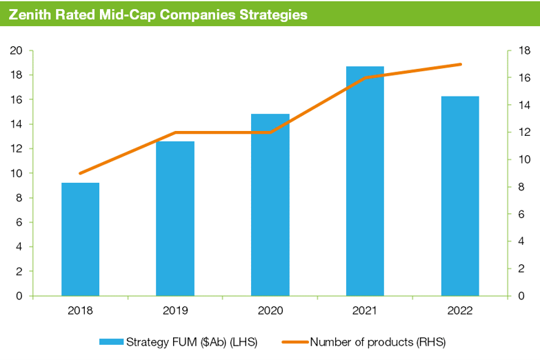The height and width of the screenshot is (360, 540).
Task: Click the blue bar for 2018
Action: pyautogui.click(x=81, y=239)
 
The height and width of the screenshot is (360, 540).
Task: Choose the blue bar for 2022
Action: pyautogui.click(x=460, y=196)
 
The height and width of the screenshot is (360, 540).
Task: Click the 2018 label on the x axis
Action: pyautogui.click(x=81, y=311)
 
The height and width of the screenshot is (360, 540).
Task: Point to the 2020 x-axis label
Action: pyautogui.click(x=270, y=311)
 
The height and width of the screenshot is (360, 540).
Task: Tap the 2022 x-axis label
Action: pyautogui.click(x=460, y=311)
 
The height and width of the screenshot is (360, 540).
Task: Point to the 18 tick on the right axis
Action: pyautogui.click(x=523, y=51)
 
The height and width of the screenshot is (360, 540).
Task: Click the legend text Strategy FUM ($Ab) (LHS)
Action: pyautogui.click(x=191, y=341)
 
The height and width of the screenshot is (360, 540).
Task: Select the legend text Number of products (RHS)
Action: pyautogui.click(x=383, y=341)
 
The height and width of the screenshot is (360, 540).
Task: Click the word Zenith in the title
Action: pyautogui.click(x=31, y=14)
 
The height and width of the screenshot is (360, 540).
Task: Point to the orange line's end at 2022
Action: pyautogui.click(x=460, y=64)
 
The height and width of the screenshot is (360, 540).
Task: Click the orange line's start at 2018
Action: pyautogui.click(x=81, y=173)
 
